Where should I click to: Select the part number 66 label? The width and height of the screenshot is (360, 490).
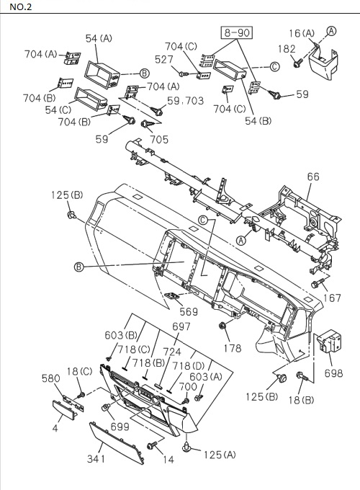[312, 177]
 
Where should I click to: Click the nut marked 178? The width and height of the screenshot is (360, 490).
[223, 329]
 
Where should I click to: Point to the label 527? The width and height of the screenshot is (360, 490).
[164, 60]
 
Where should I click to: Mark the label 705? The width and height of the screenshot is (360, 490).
[158, 140]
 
